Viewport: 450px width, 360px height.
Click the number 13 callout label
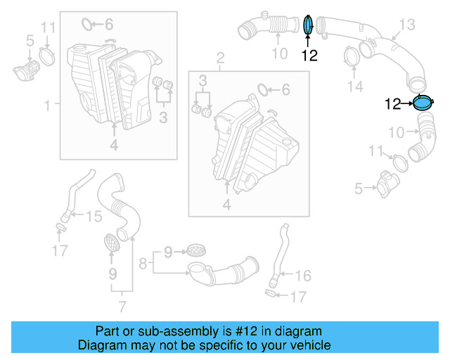coord(407,25)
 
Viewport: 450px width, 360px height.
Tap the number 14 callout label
coord(357,86)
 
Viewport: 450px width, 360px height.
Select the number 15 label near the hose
coord(94,217)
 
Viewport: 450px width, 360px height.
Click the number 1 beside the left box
coord(48,105)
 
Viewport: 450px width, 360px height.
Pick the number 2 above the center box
coord(220,57)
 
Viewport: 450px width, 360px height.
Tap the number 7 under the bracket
coord(122,307)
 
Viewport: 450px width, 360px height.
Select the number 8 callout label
coord(143,264)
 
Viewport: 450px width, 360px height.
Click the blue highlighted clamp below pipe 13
coord(422,103)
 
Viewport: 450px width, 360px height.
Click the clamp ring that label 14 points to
coord(351,55)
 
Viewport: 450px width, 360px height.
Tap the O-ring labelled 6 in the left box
coord(88,25)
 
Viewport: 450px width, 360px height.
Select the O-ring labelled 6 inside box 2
coord(262,90)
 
